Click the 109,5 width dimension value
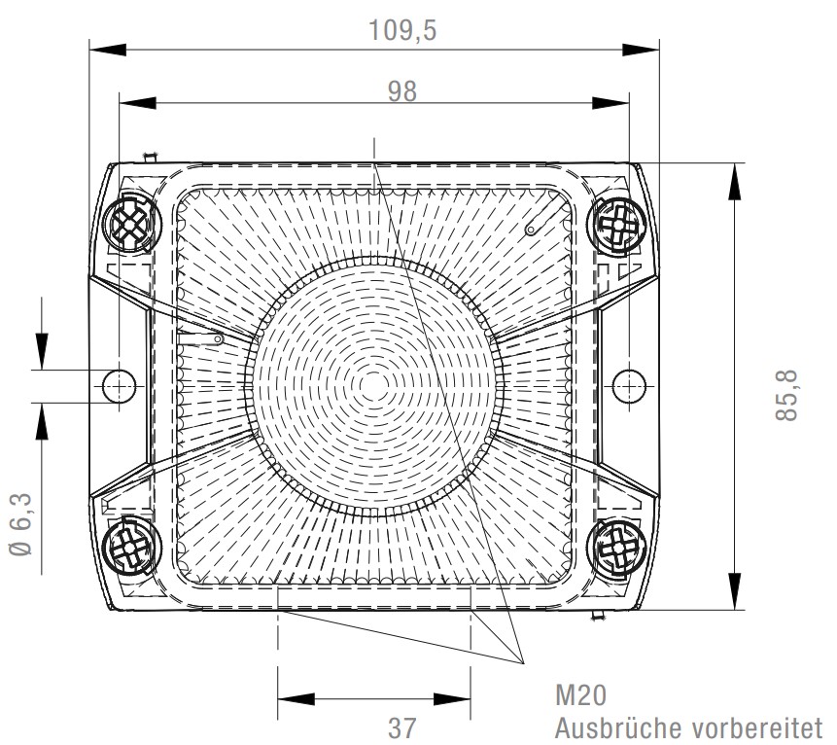click(402, 30)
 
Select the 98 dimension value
click(401, 91)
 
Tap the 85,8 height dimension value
click(785, 395)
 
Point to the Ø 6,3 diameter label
click(21, 525)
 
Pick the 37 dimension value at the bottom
click(401, 727)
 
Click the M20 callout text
click(580, 695)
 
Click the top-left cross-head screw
click(129, 224)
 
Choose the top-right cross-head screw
click(617, 227)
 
